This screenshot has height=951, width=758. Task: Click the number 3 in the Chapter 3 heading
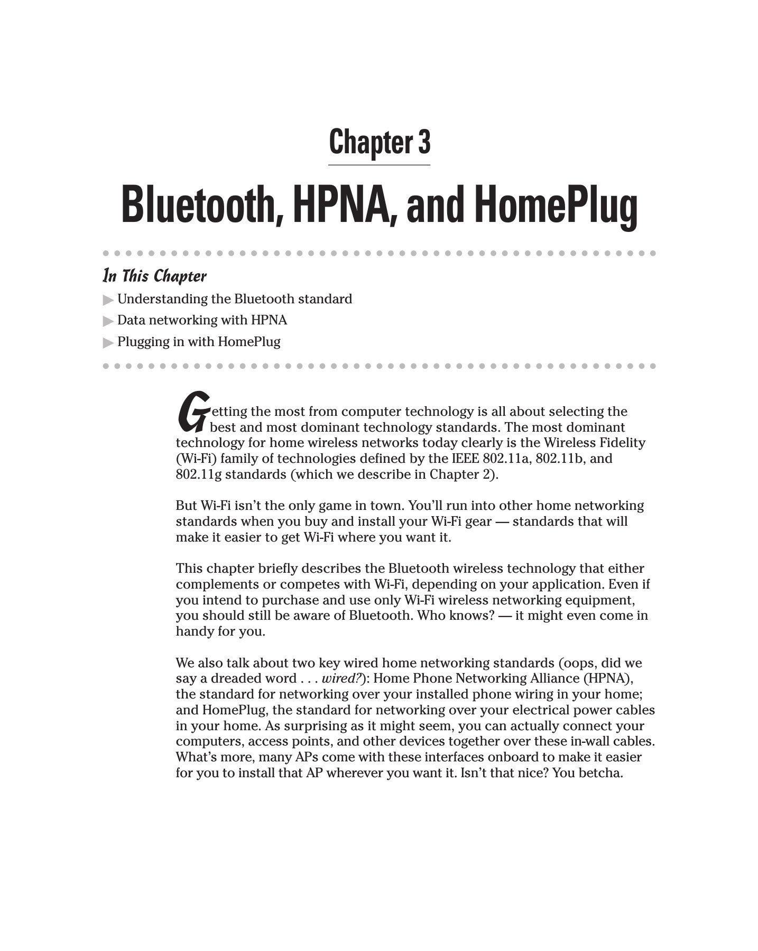click(x=424, y=142)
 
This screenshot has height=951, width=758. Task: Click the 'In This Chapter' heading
click(x=154, y=276)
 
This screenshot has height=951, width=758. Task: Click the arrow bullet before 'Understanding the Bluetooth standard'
click(x=108, y=300)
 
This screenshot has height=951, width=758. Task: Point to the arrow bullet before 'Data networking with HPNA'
click(x=108, y=321)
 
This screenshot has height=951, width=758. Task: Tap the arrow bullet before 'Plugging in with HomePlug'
click(x=108, y=343)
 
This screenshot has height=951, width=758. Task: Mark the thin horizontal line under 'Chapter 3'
click(x=379, y=165)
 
